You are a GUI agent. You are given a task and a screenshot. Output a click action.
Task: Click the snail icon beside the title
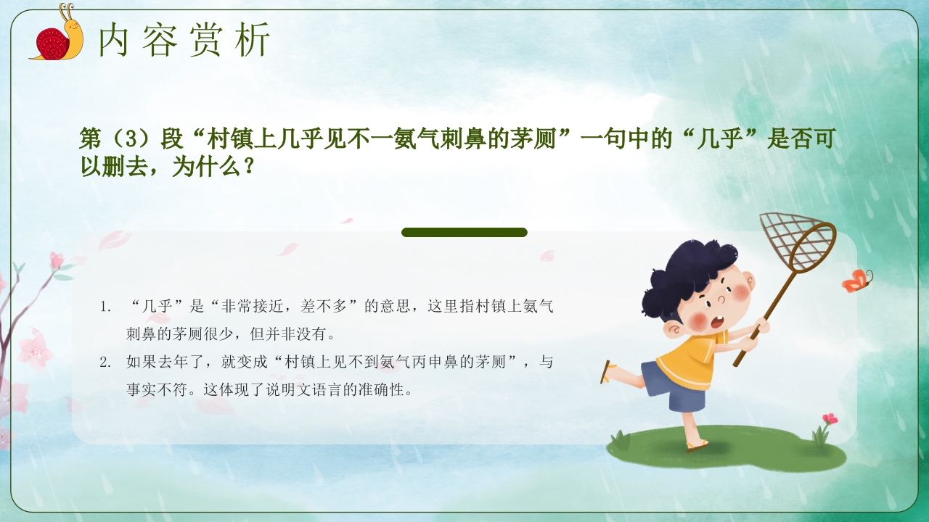pos(57,35)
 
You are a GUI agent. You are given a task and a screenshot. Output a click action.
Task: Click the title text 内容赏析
pos(184,39)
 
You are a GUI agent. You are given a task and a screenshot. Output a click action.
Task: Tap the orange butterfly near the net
pos(856,280)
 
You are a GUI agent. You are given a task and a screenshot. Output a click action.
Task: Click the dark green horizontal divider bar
pos(464,232)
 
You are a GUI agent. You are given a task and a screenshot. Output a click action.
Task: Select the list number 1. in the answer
pos(106,307)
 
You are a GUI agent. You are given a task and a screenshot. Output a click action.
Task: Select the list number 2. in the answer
pos(106,362)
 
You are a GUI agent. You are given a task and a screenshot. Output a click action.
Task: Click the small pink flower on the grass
pos(828,419)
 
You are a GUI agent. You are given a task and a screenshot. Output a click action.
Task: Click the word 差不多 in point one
pos(325,307)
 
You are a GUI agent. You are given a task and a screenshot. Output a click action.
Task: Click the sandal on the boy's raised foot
pos(606,371)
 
